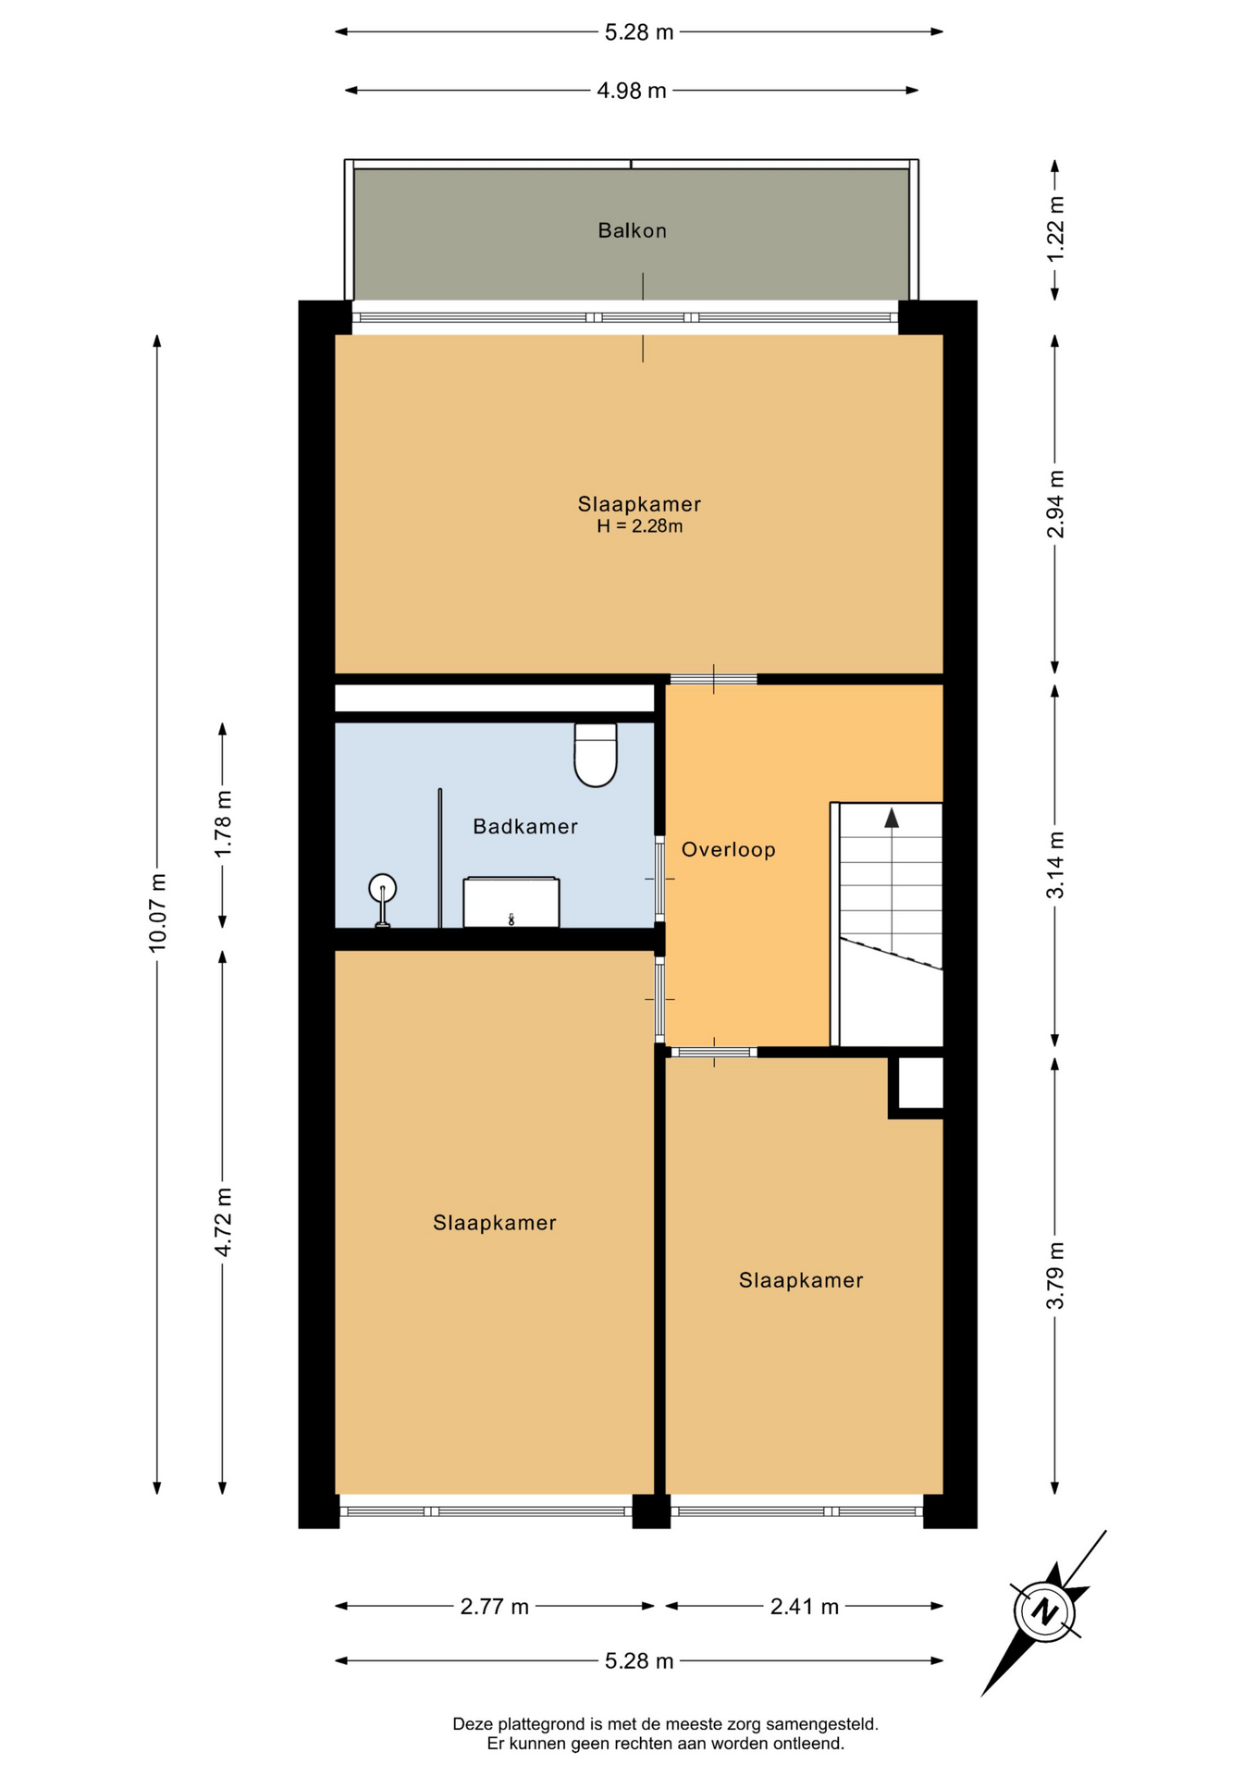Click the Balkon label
click(632, 230)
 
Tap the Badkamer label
click(525, 826)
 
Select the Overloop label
click(729, 849)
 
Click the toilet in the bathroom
click(596, 755)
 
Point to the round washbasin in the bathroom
click(382, 890)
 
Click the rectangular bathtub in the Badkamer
click(511, 902)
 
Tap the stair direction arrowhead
click(892, 818)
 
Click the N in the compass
click(1045, 1611)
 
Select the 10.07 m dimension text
click(157, 912)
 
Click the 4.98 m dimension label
click(632, 91)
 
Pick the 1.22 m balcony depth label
click(1055, 228)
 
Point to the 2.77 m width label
click(495, 1607)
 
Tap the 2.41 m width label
click(805, 1607)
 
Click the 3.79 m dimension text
click(1055, 1276)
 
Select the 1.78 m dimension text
click(223, 823)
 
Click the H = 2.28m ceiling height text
click(640, 526)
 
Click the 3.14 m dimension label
click(1055, 865)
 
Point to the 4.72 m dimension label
click(223, 1222)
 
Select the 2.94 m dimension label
click(1055, 504)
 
